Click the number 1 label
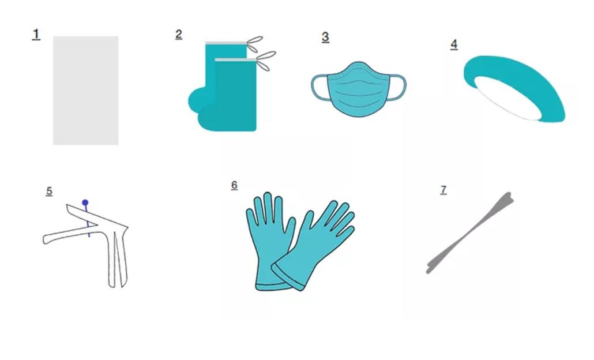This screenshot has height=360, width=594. click(x=36, y=34)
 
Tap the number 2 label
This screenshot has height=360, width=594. click(x=179, y=34)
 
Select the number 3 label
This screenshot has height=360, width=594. click(x=325, y=37)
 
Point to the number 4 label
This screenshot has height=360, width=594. click(x=454, y=44)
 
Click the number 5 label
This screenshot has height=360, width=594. click(x=49, y=192)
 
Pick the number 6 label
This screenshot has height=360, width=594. click(x=234, y=185)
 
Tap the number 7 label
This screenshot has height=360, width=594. click(x=443, y=190)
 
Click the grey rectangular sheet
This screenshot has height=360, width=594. click(x=85, y=91)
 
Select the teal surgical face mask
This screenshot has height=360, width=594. click(x=358, y=89)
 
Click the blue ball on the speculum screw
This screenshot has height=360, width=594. click(x=85, y=202)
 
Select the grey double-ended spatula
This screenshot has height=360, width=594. click(x=470, y=232)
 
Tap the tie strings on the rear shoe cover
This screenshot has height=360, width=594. click(x=254, y=44)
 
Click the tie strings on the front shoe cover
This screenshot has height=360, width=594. click(x=266, y=61)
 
